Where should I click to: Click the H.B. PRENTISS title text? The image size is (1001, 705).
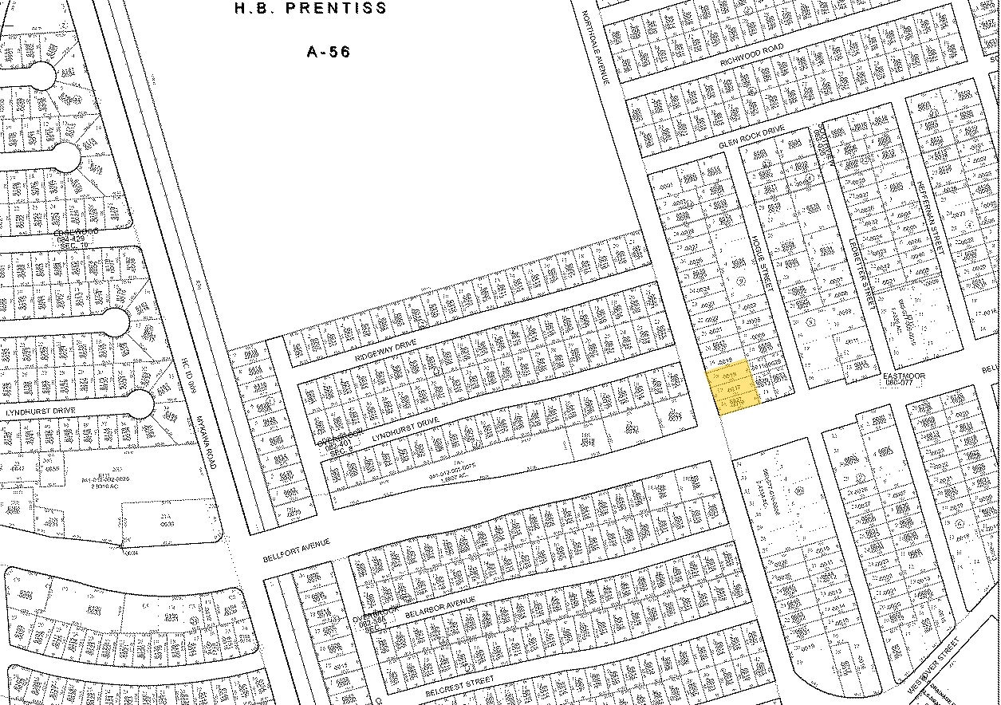coord(311,9)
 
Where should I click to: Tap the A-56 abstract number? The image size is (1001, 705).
coord(329,53)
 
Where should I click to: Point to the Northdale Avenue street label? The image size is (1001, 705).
coord(596,48)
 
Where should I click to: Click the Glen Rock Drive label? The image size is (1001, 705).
coord(751,138)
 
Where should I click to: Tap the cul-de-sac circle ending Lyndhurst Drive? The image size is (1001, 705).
coord(140,404)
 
